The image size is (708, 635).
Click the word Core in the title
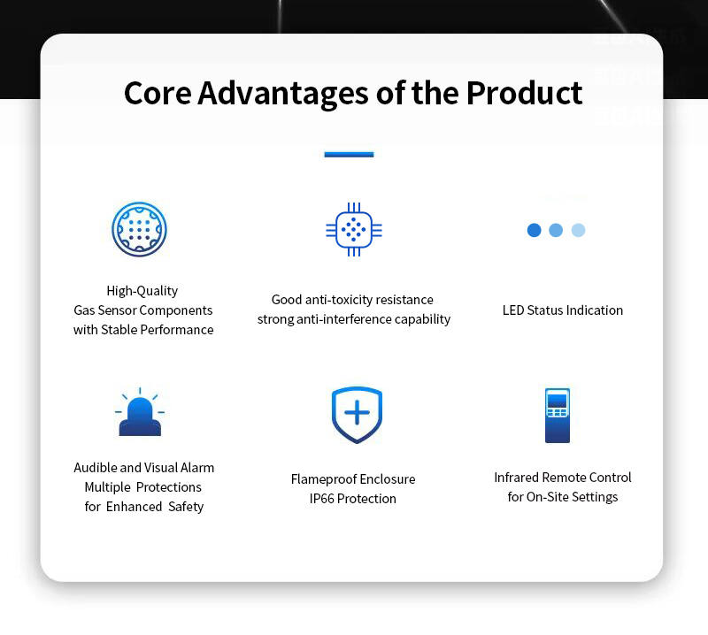(x=158, y=93)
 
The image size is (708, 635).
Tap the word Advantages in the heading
(x=283, y=94)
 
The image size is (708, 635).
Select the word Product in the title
(x=524, y=93)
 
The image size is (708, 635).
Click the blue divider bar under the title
(x=349, y=155)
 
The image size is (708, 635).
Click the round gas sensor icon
(x=139, y=229)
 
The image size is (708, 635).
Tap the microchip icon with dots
(x=354, y=229)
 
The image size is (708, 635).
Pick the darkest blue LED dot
(x=535, y=230)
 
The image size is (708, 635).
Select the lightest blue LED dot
(x=579, y=230)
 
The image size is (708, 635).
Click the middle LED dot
(x=556, y=230)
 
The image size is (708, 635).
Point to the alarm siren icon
(x=140, y=411)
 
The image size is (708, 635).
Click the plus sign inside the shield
(x=358, y=412)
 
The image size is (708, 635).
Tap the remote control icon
(x=558, y=415)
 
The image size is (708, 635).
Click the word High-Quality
(x=142, y=291)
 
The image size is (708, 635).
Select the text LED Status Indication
(x=563, y=310)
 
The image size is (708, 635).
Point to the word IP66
(x=321, y=499)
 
